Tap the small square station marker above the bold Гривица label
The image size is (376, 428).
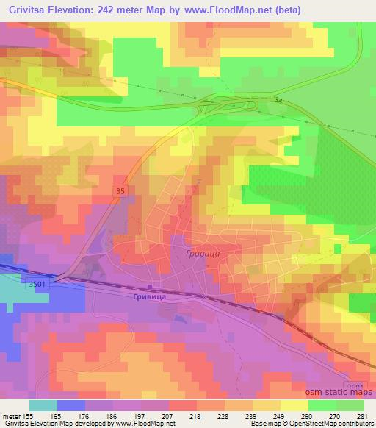click(x=150, y=287)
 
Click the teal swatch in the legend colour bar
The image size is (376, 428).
click(x=44, y=405)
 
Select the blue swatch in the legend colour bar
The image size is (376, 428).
click(x=71, y=405)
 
